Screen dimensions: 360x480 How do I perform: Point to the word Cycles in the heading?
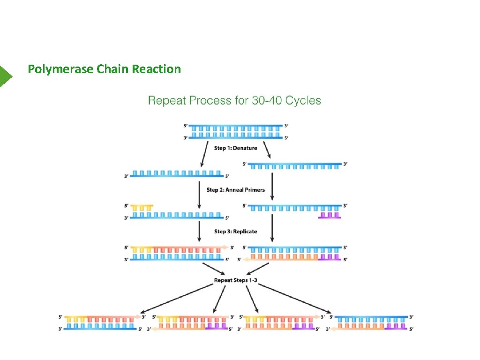303,100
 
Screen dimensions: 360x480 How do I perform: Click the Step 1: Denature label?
235,148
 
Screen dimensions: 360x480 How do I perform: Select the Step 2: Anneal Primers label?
235,190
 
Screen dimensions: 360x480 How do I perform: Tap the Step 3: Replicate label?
235,232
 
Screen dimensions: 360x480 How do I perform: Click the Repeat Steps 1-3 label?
235,281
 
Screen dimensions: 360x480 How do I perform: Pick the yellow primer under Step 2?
142,207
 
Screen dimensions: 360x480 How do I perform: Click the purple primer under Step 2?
330,215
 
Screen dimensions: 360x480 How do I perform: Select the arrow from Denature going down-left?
205,154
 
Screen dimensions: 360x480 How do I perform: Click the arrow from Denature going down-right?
268,150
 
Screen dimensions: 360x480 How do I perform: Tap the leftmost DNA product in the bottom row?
100,323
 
